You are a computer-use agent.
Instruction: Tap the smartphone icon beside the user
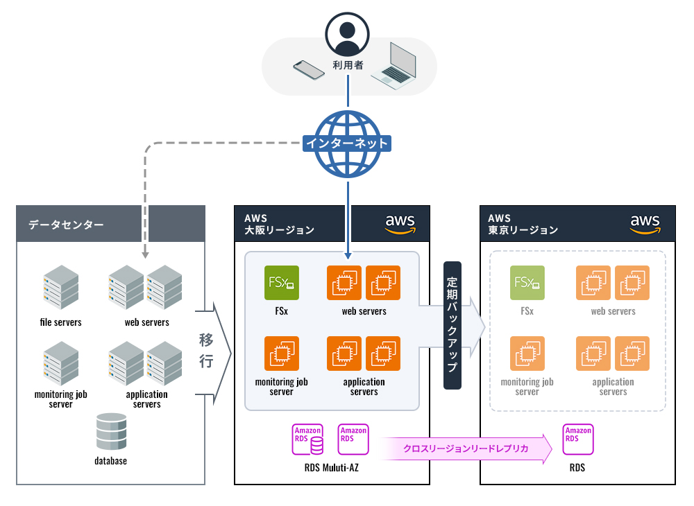[x=309, y=70]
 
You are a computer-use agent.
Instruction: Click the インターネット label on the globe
[x=347, y=143]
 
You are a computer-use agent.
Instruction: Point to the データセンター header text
[x=67, y=225]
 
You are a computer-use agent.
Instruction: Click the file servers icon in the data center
[x=60, y=288]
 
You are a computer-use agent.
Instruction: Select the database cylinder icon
[x=111, y=431]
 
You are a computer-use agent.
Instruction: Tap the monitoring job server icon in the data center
[x=60, y=363]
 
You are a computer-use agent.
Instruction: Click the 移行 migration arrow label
[x=206, y=350]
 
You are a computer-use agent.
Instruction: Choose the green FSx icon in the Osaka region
[x=281, y=283]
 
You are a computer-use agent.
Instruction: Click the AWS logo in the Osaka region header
[x=400, y=223]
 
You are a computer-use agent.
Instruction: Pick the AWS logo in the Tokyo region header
[x=645, y=223]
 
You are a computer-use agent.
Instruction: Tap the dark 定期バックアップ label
[x=452, y=325]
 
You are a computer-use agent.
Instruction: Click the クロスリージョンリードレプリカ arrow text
[x=466, y=448]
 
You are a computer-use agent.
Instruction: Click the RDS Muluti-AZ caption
[x=332, y=468]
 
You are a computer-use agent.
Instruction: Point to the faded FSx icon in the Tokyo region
[x=527, y=283]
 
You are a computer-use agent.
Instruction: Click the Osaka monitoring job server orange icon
[x=281, y=354]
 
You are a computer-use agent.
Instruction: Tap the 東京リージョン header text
[x=523, y=230]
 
